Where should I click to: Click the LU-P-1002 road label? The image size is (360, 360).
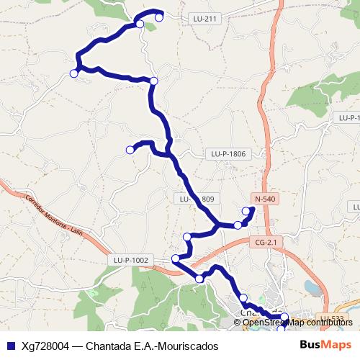tap(131, 260)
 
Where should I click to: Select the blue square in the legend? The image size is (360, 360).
tap(9, 345)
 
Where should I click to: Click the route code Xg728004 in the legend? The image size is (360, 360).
tap(45, 345)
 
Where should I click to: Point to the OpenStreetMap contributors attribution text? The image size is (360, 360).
tap(297, 322)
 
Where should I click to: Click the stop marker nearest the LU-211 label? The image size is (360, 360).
tap(159, 17)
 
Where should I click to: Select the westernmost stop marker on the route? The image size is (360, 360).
tap(73, 73)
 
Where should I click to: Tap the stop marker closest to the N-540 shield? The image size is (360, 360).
tap(246, 211)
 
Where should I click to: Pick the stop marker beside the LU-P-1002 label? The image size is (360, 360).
tap(176, 258)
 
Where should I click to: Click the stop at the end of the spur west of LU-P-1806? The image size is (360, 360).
tap(130, 150)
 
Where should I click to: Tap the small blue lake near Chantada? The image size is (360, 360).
tap(311, 287)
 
